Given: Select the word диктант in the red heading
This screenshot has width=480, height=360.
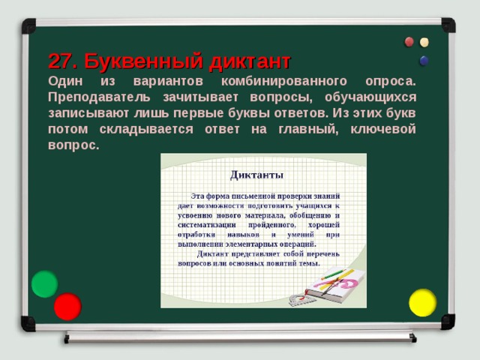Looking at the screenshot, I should [x=242, y=60].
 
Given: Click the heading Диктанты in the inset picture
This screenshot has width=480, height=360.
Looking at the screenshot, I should [x=256, y=175].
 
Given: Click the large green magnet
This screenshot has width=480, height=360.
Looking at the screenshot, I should [x=45, y=283].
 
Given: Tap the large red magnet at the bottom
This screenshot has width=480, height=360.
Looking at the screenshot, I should [x=67, y=306].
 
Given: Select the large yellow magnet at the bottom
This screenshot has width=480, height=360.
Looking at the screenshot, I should [x=422, y=302].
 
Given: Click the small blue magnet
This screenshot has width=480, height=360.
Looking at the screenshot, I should [x=424, y=60].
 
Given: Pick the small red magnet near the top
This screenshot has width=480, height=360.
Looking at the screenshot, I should [x=409, y=42].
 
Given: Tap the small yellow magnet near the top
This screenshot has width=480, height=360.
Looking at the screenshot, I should [x=424, y=42].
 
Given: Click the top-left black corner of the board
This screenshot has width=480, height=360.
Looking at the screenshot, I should [x=28, y=25].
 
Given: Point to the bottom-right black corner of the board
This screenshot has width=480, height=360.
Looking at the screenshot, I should [x=448, y=322].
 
